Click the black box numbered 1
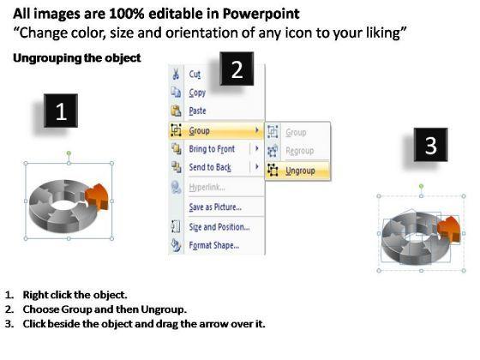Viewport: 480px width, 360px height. click(61, 111)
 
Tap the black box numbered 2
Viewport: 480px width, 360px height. click(237, 69)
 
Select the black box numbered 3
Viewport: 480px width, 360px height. click(430, 145)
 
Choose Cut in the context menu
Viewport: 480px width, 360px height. click(195, 74)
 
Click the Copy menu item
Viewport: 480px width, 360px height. click(197, 93)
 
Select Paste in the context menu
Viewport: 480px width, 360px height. click(197, 111)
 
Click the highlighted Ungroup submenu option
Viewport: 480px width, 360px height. click(300, 171)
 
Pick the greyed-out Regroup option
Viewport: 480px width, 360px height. click(300, 151)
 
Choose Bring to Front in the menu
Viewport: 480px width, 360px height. click(212, 149)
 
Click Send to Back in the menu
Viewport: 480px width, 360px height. click(210, 167)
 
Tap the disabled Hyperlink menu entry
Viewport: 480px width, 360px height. click(207, 187)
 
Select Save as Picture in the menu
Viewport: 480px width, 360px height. click(215, 207)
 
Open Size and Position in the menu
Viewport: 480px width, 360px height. click(219, 227)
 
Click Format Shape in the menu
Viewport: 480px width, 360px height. click(214, 245)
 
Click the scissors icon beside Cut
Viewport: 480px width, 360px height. click(176, 74)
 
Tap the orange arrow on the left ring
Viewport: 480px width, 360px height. click(97, 196)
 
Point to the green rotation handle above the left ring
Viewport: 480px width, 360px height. click(69, 153)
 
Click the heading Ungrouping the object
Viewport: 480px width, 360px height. click(77, 58)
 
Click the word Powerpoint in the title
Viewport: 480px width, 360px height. click(261, 14)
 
